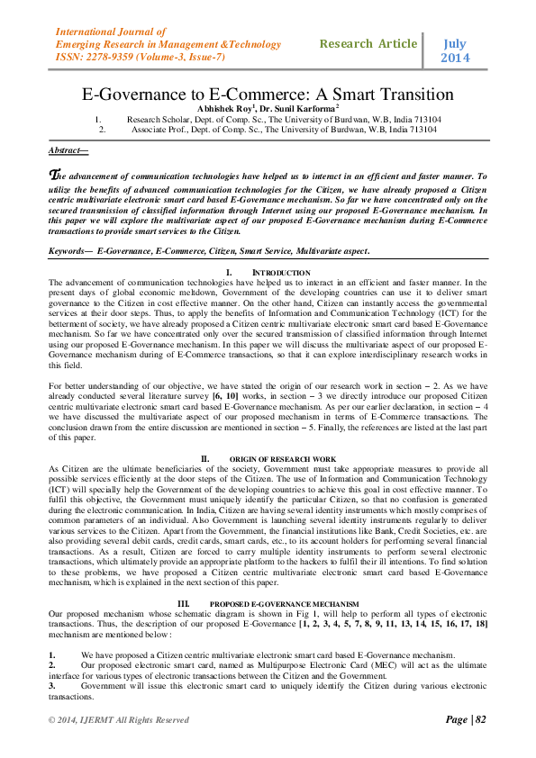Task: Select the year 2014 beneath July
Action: point(456,59)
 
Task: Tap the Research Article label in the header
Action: point(368,43)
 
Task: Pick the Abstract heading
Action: point(68,150)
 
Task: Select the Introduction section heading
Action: point(281,272)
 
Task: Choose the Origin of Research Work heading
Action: point(286,458)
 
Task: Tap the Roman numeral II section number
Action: point(204,458)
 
